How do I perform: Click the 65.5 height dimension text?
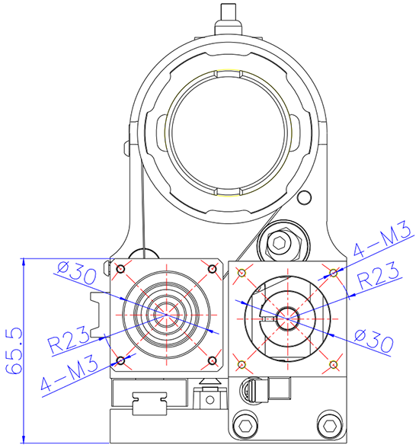pyautogui.click(x=14, y=350)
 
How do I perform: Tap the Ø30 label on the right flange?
pyautogui.click(x=373, y=341)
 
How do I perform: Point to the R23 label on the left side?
pyautogui.click(x=69, y=339)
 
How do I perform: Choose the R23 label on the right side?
pyautogui.click(x=379, y=275)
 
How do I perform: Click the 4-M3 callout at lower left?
pyautogui.click(x=69, y=374)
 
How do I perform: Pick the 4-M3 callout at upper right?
pyautogui.click(x=382, y=239)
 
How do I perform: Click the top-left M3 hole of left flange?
pyautogui.click(x=121, y=269)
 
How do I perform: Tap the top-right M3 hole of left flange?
pyautogui.click(x=212, y=269)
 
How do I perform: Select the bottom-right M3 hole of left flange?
pyautogui.click(x=212, y=360)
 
